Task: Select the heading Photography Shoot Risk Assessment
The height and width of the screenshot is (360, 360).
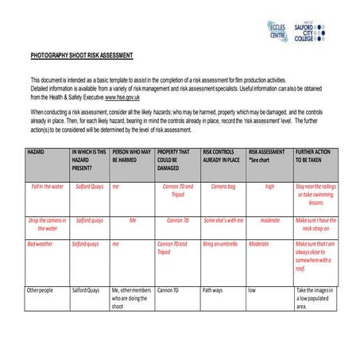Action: point(82,55)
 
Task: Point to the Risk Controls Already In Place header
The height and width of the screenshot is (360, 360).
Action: point(222,155)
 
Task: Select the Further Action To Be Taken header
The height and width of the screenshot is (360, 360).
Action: point(315,155)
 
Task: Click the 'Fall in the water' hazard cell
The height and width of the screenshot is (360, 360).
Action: point(48,187)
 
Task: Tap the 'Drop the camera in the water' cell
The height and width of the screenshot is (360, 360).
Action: point(48,224)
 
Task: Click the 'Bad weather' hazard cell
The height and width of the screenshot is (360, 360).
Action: point(41,244)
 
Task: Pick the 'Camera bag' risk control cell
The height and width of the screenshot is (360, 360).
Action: point(223,187)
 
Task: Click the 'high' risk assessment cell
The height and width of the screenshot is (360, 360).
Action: point(269,187)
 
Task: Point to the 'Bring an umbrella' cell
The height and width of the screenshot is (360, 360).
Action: point(221,244)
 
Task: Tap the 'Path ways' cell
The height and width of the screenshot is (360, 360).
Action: point(213,290)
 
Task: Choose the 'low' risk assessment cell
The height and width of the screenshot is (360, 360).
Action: point(252,290)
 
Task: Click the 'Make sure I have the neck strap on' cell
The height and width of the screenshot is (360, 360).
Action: point(315,224)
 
